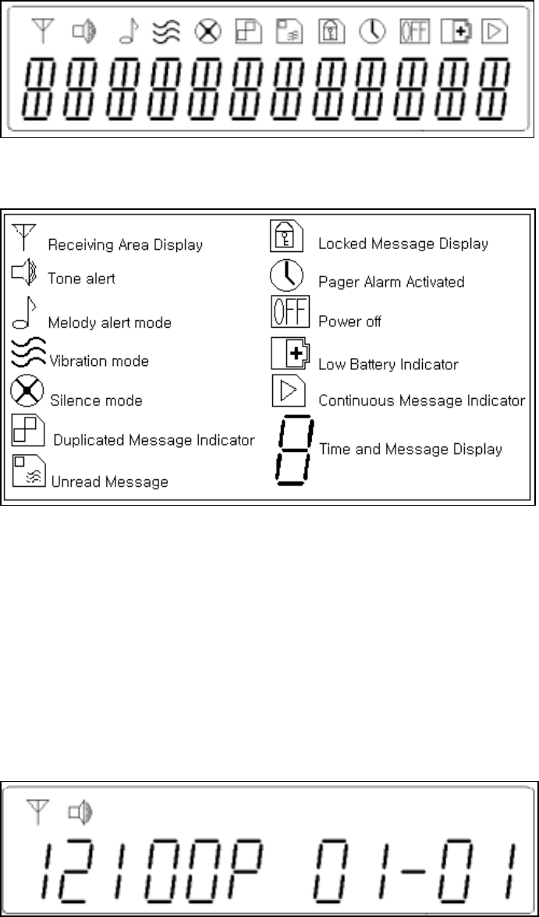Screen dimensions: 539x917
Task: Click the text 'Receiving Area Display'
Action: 125,244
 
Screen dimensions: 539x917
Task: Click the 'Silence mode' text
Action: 95,400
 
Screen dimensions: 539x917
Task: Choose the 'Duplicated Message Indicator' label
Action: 154,440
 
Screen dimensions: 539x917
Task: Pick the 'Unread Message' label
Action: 109,482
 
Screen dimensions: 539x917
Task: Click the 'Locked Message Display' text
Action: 402,243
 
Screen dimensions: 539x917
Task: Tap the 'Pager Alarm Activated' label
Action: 391,282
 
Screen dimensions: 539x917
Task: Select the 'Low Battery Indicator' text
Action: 388,364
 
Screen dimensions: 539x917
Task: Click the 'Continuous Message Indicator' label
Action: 421,401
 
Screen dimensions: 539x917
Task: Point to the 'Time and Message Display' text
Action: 410,449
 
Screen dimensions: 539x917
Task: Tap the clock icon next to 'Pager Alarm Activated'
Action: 285,275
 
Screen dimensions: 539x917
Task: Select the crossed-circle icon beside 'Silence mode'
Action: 25,391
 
